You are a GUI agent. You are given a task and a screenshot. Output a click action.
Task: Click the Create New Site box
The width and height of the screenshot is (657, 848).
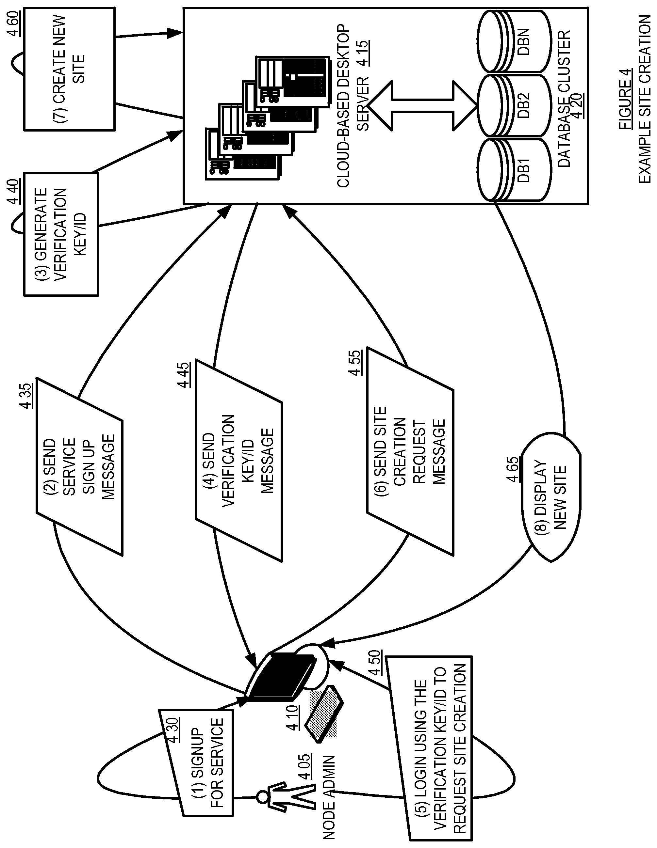tap(69, 69)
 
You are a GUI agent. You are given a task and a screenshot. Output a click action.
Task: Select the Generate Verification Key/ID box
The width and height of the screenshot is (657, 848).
tap(61, 234)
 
